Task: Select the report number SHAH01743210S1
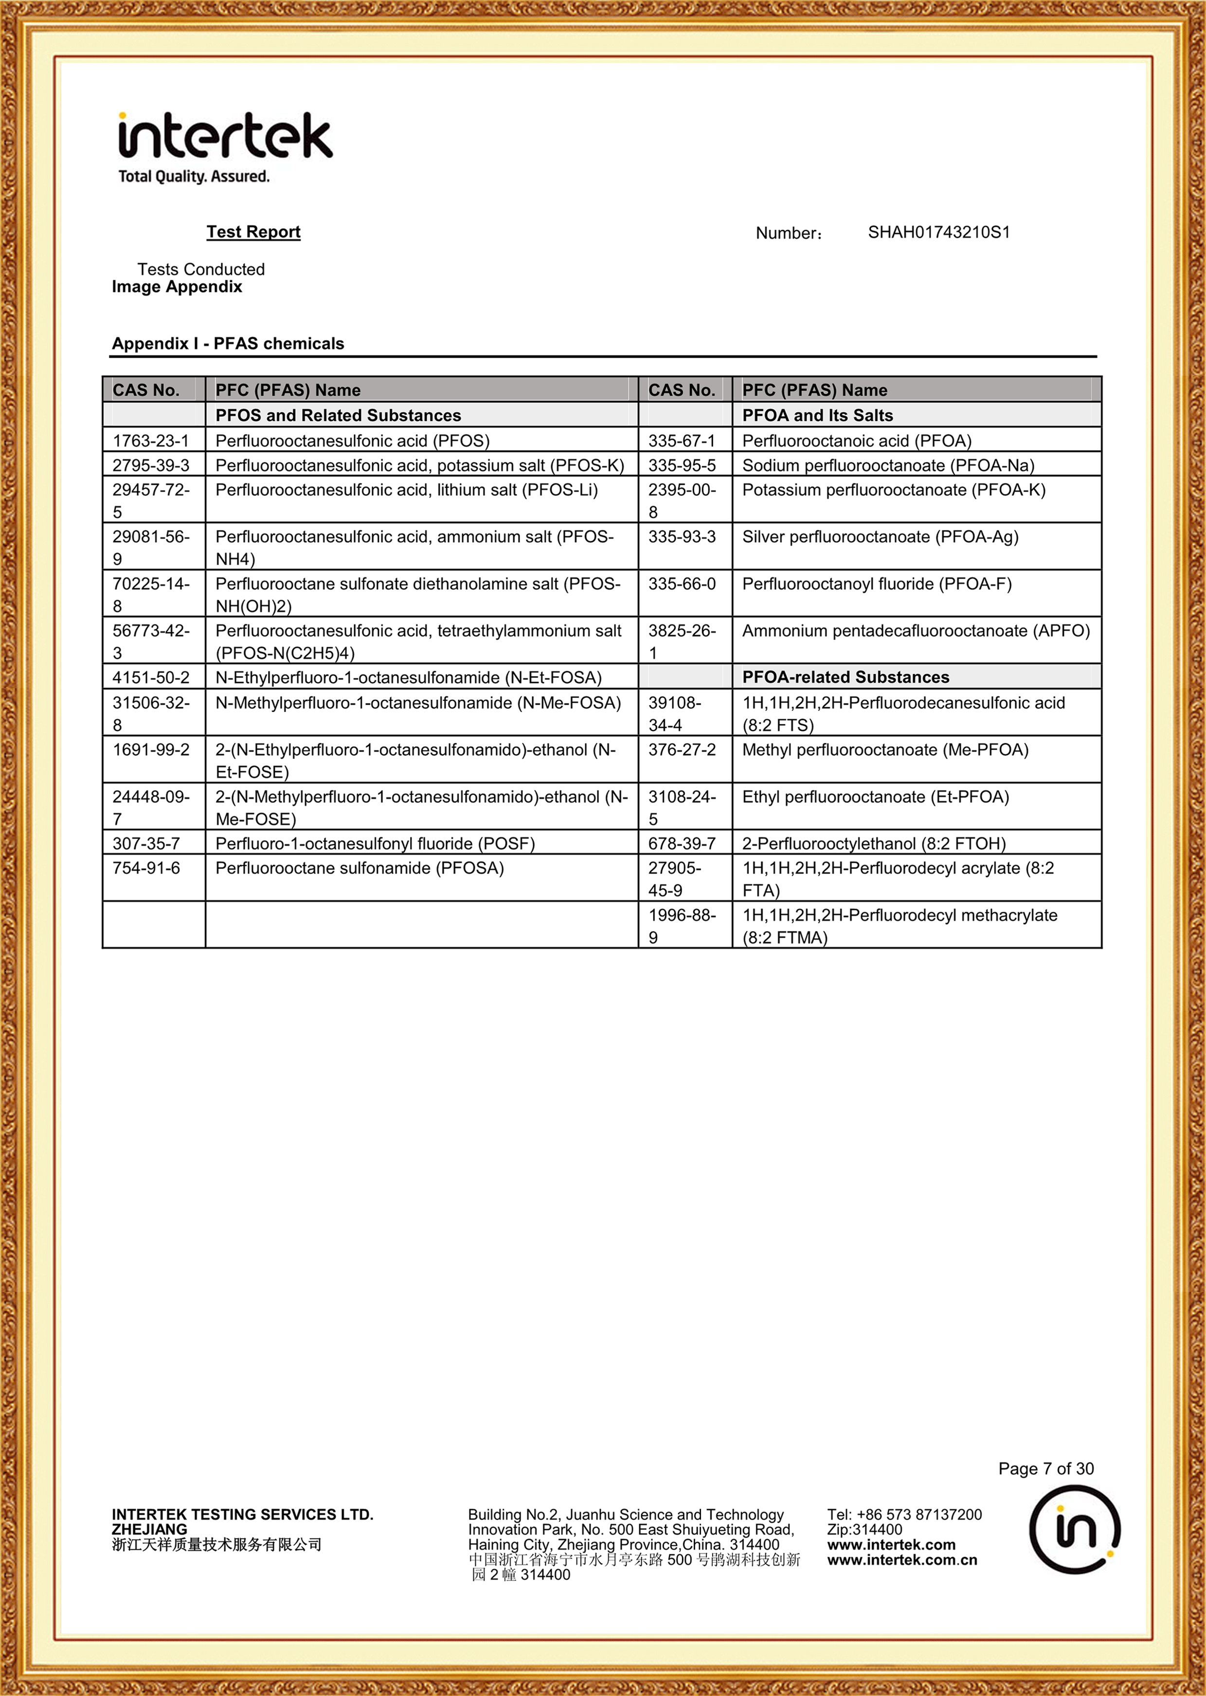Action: (938, 233)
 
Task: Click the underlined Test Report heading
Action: (253, 232)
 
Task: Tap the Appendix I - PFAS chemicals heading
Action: (228, 343)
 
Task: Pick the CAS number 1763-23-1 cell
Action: (151, 440)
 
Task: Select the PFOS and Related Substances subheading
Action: (338, 415)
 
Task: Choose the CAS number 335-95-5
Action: (682, 465)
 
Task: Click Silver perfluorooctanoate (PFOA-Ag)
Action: (880, 536)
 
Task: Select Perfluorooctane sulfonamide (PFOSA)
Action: (360, 868)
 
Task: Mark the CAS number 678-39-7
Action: (682, 843)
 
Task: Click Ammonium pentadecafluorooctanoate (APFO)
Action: (916, 631)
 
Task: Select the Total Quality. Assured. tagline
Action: (194, 176)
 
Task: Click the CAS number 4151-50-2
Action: (151, 677)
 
